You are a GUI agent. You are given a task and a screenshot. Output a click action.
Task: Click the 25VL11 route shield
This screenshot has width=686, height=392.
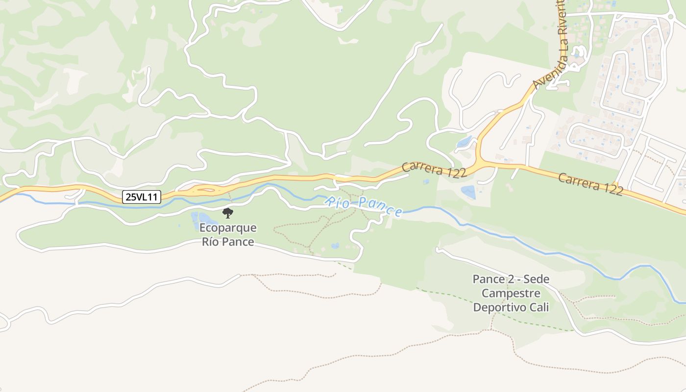pos(142,197)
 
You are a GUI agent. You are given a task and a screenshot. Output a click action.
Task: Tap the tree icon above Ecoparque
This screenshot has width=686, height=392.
pos(228,213)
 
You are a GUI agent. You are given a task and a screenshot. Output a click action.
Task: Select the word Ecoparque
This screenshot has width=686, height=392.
pos(228,228)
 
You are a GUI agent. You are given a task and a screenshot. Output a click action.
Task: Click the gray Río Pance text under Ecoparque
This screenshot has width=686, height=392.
pos(228,242)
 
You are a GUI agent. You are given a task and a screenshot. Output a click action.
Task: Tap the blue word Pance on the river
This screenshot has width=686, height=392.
pos(379,208)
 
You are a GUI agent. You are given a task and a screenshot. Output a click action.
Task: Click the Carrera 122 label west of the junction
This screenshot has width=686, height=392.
pos(434,170)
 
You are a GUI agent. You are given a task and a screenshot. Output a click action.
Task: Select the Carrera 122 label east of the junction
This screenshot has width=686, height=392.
pos(590,184)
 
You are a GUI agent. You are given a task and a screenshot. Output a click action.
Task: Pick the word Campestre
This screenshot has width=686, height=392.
pos(511,294)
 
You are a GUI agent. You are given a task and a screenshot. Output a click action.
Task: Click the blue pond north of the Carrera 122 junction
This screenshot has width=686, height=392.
pos(464,142)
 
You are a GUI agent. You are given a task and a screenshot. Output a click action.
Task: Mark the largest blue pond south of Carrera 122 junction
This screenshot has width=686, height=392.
pos(468,192)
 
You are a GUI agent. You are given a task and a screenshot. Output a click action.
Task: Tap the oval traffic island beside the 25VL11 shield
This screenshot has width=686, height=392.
pos(204,189)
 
